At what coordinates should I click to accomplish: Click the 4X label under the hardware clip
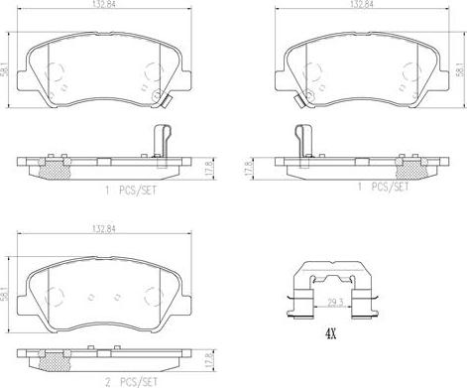330,335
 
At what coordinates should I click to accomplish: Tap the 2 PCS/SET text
131,382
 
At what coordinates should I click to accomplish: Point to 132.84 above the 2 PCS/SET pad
104,228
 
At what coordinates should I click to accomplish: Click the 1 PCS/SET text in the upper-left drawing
131,191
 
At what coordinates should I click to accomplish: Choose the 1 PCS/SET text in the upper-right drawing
384,187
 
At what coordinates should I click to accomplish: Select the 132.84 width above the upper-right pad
363,4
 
